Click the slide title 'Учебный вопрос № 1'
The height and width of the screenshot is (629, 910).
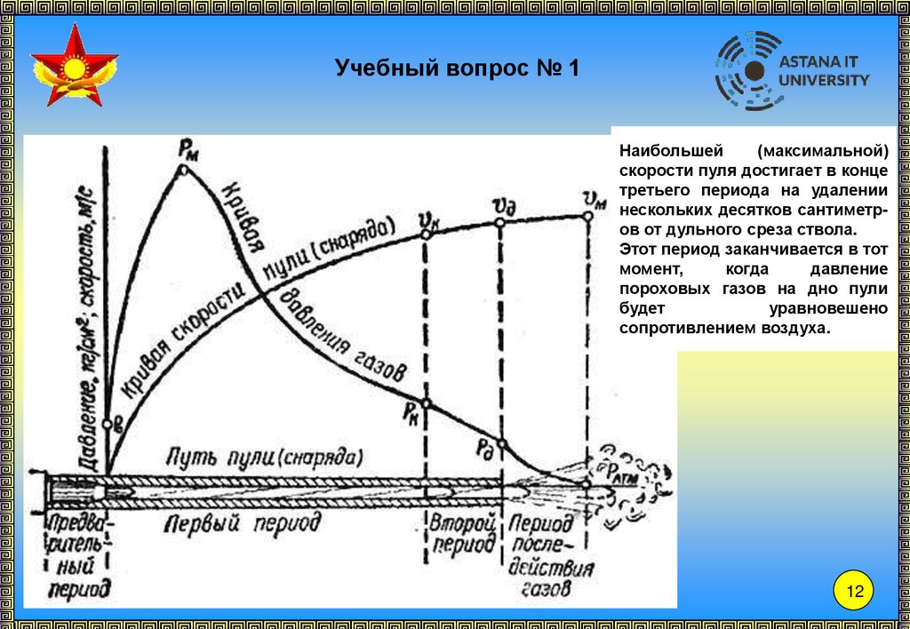point(457,68)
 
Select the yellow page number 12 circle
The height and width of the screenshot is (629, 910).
point(855,592)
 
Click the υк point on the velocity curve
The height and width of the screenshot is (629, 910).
point(426,234)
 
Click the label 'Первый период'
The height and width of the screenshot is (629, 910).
point(243,523)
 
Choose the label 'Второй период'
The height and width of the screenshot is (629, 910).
point(462,533)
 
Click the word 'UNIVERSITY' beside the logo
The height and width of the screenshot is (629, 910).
point(824,80)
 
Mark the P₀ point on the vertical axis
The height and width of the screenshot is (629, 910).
point(108,425)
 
